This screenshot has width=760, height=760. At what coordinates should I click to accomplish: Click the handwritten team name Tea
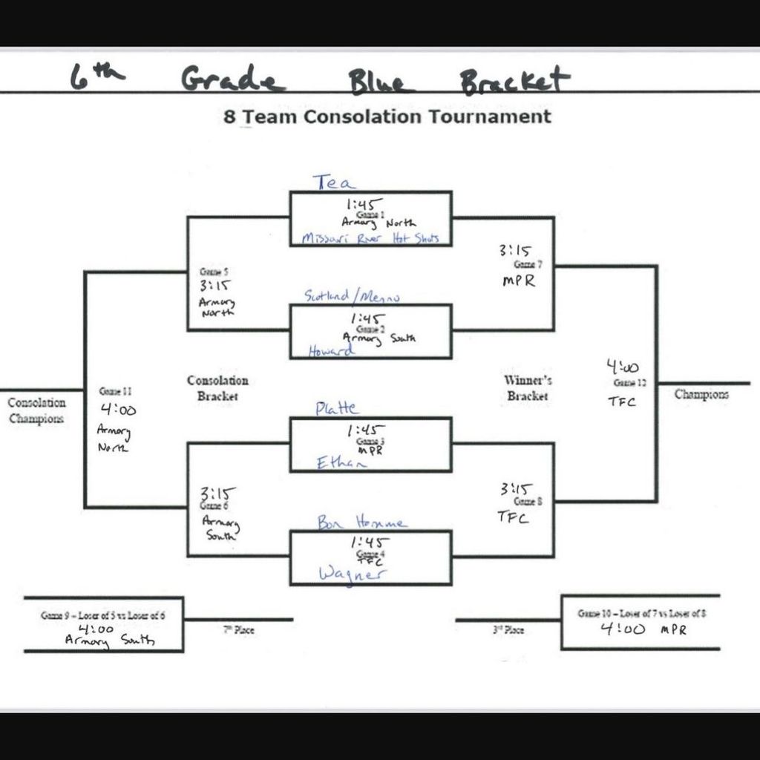click(x=334, y=182)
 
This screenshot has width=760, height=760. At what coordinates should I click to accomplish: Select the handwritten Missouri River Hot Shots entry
click(x=370, y=238)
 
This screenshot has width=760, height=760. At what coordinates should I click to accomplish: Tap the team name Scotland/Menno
click(x=352, y=296)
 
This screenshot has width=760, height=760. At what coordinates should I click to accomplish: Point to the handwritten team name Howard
click(x=332, y=351)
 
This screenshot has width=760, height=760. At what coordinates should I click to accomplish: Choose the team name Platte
click(x=337, y=408)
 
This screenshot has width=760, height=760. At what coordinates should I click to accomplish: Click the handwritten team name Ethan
click(x=341, y=463)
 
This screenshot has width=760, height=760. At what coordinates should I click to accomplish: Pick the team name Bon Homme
click(x=362, y=522)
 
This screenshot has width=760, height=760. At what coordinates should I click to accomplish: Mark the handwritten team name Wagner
click(x=353, y=574)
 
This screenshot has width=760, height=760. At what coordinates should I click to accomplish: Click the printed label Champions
click(x=701, y=395)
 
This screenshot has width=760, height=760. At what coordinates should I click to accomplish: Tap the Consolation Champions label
click(x=36, y=410)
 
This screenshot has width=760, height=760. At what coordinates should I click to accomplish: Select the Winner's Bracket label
click(x=528, y=388)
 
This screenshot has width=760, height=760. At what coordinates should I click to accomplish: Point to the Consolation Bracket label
click(x=217, y=388)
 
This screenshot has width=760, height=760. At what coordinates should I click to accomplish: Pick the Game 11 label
click(x=115, y=391)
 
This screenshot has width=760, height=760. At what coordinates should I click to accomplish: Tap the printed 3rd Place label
click(x=508, y=630)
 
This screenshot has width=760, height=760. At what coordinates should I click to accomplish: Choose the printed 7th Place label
click(x=239, y=630)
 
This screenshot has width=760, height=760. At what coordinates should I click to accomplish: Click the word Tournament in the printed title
click(x=495, y=117)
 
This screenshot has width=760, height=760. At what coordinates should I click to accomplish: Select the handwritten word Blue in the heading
click(x=379, y=80)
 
